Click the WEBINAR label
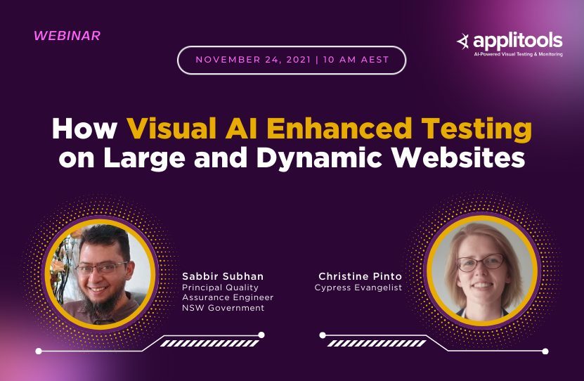(67, 35)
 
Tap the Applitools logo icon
(462, 41)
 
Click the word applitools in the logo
(518, 39)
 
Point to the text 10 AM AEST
(356, 60)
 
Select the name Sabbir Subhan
(223, 276)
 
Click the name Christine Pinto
(361, 276)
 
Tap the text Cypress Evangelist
(358, 288)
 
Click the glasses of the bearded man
(101, 267)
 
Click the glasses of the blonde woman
(480, 262)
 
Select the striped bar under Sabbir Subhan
(209, 343)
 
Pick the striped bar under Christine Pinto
(377, 343)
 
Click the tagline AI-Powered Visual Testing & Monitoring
(518, 54)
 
